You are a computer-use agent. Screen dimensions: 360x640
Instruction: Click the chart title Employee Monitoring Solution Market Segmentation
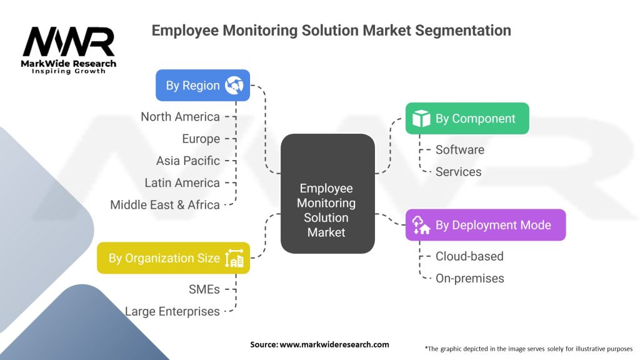coord(331,30)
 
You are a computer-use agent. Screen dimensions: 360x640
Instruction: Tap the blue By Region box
coord(202,86)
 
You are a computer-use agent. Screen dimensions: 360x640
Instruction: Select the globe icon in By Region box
coord(234,86)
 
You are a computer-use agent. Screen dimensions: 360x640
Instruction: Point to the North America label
coord(180,117)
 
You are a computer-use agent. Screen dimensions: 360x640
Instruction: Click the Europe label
coord(201,139)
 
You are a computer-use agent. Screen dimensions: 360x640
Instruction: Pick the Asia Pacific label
coord(188,161)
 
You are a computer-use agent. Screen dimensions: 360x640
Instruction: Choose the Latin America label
coord(182,182)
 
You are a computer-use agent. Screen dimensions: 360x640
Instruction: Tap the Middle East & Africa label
coord(165,204)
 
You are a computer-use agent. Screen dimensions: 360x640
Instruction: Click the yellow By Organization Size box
coord(173,258)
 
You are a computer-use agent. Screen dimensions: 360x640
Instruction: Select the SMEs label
coord(204,289)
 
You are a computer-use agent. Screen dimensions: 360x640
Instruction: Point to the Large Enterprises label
coord(172,311)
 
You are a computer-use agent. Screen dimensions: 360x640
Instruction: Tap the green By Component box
coord(467,119)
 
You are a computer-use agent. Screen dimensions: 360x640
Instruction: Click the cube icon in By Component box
coord(421,119)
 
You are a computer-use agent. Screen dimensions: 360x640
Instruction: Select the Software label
coord(460,149)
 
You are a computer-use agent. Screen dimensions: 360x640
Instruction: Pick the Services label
coord(459,171)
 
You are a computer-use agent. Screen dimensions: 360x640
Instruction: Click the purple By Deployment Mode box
coord(486,225)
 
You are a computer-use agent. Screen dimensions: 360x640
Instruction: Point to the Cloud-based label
coord(469,256)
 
